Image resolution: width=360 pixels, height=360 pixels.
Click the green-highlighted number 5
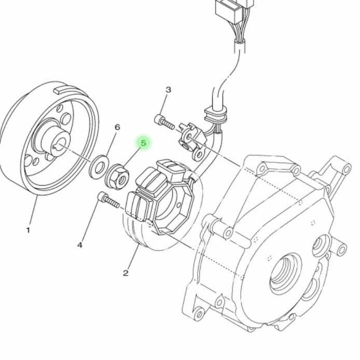pos(143,143)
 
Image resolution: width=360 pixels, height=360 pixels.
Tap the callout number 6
pos(117,127)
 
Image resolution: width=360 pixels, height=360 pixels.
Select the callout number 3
pos(168,90)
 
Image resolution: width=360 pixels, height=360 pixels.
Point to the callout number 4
pos(80,245)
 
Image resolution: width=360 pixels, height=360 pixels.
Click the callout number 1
pos(28,230)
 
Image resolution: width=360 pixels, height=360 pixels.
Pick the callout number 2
pos(126,273)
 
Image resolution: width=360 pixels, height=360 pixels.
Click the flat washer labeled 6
pos(99,167)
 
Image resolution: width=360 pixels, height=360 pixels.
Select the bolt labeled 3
pos(164,122)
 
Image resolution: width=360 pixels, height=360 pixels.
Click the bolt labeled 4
pos(109,200)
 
